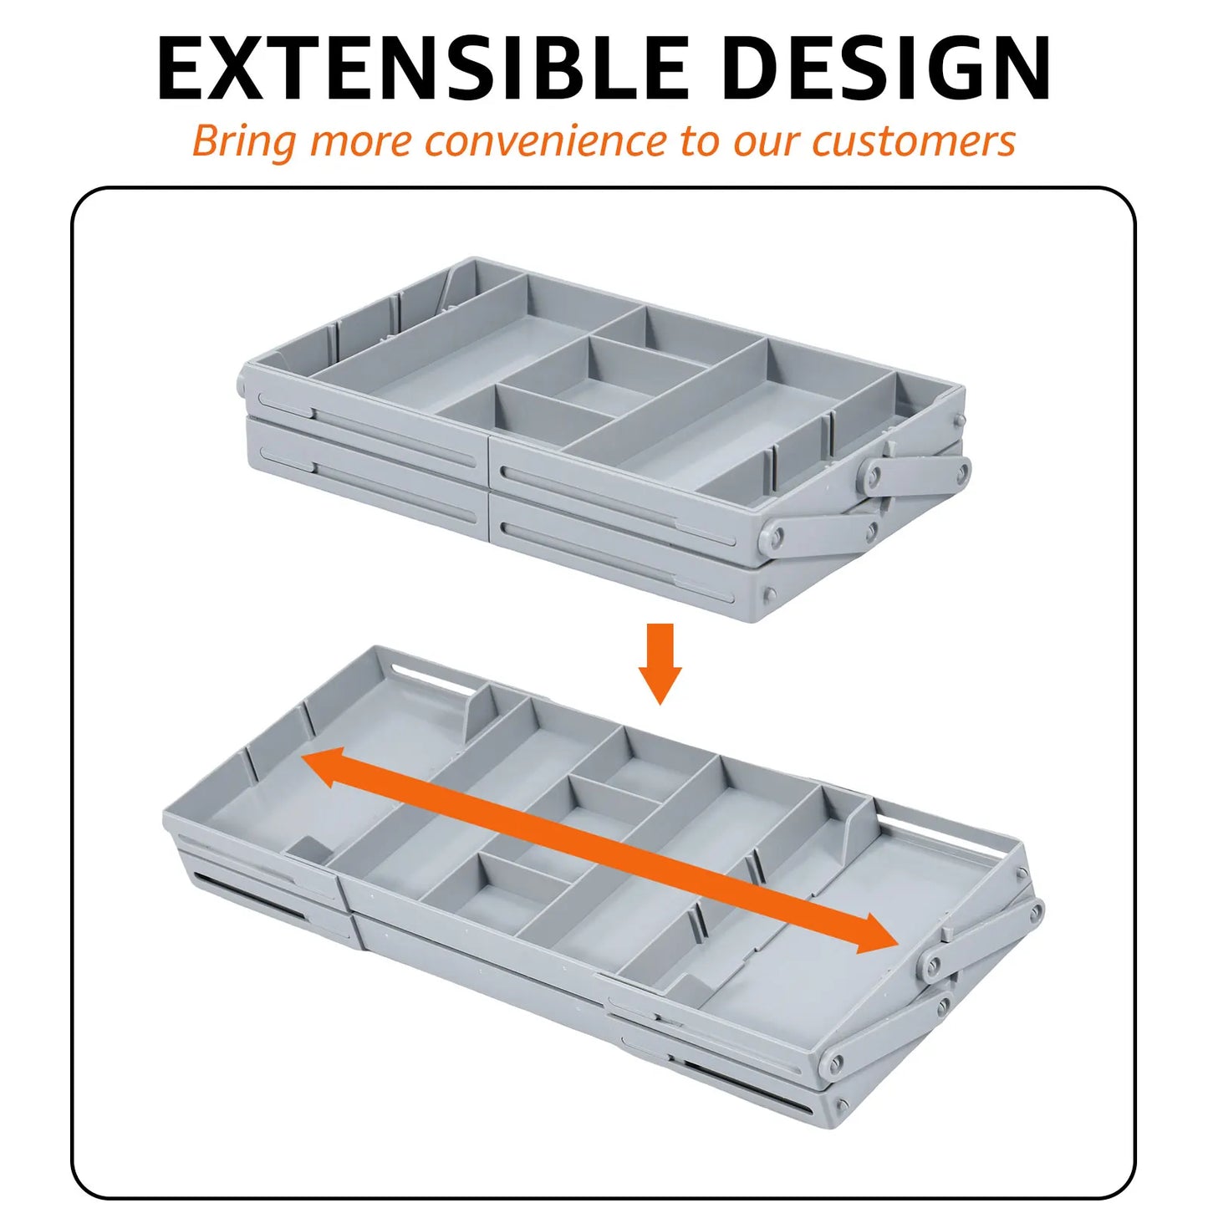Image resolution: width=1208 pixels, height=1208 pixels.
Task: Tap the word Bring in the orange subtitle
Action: coord(243,141)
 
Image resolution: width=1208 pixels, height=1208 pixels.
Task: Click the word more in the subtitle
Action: coord(360,140)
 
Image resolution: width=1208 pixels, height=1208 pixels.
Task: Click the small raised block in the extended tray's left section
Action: coord(308,849)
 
